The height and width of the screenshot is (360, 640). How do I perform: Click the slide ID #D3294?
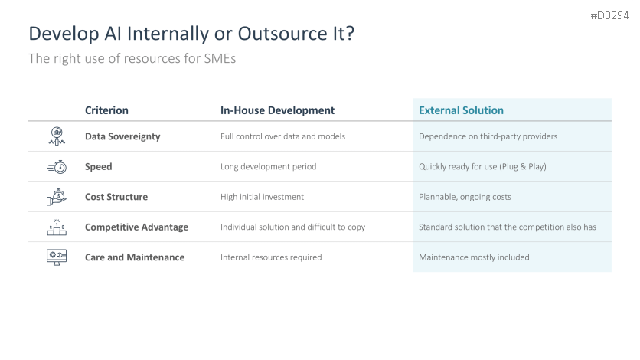(609, 15)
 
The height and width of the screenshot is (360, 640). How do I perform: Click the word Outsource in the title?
(282, 34)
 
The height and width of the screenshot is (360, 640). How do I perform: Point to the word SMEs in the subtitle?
(220, 58)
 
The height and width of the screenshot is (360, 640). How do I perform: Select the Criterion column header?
(106, 110)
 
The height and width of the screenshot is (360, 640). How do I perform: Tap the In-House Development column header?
(277, 110)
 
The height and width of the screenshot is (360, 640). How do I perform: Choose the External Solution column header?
(461, 110)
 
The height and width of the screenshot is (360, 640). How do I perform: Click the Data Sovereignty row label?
(122, 136)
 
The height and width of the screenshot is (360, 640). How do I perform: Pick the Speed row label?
(98, 166)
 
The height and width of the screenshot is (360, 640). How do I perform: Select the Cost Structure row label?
(116, 197)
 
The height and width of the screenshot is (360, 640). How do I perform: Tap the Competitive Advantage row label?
(137, 227)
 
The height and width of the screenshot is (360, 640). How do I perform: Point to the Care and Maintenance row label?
(135, 257)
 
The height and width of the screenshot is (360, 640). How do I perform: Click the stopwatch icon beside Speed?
(57, 166)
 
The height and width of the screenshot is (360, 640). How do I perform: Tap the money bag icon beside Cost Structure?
(57, 197)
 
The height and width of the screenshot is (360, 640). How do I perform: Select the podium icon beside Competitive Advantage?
(57, 227)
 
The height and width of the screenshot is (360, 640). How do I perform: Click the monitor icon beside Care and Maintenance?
(57, 257)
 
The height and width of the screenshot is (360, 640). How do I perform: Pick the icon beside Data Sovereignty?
(57, 136)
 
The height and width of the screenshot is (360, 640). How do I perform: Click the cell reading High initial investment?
(262, 197)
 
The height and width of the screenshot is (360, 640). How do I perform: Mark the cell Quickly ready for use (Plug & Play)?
(482, 166)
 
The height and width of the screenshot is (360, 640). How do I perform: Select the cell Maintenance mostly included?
(474, 257)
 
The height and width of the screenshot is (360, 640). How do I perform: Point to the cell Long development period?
(268, 166)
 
